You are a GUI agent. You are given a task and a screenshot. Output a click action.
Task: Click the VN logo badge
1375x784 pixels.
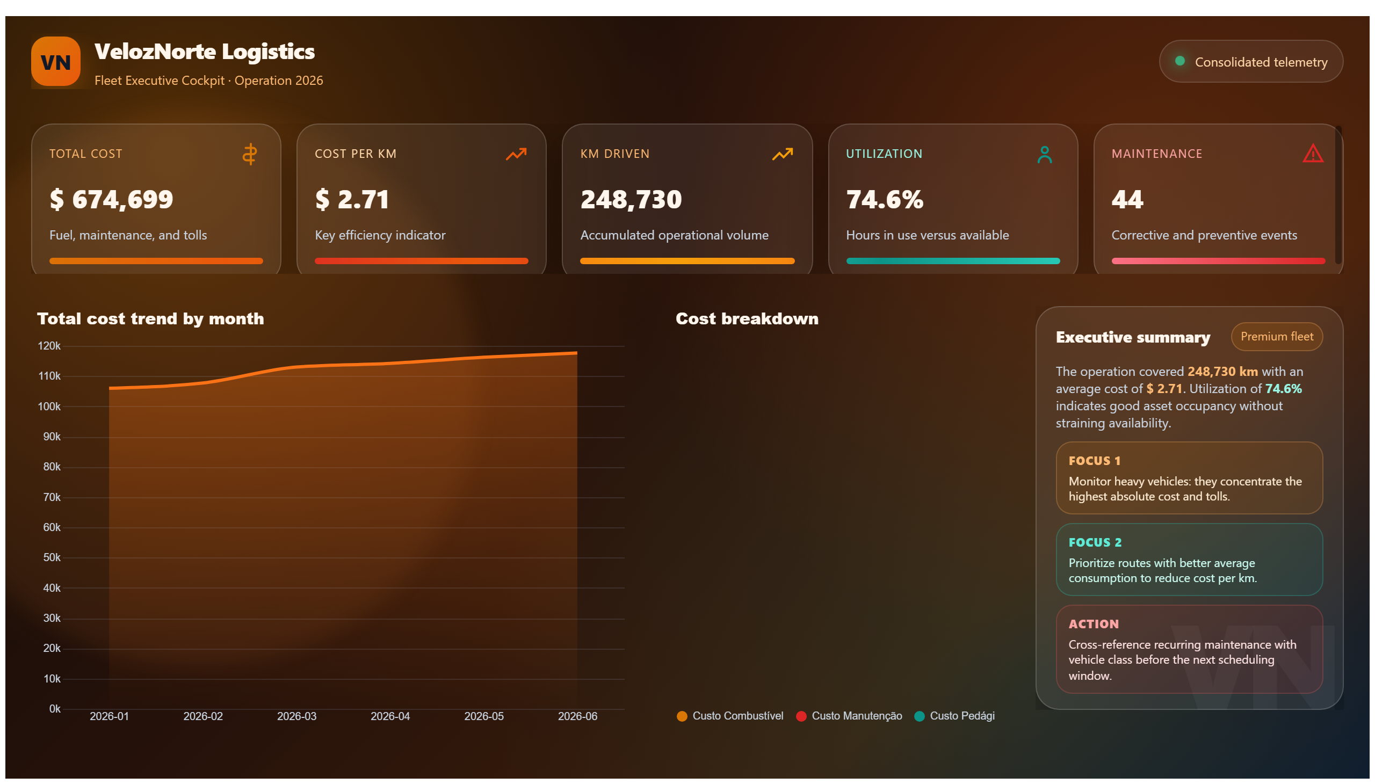(55, 61)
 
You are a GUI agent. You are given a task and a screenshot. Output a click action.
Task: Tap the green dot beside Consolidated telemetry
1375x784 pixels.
(1179, 61)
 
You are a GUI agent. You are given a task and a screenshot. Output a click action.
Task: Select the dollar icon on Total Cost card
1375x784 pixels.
(249, 154)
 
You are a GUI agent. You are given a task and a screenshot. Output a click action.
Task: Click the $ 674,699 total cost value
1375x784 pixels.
(112, 199)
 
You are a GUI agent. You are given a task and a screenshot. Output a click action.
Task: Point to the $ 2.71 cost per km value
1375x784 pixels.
(352, 199)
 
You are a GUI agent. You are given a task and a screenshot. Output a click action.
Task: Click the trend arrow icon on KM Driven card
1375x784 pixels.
(782, 154)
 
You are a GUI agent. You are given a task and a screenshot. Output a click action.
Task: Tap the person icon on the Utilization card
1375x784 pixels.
(1044, 155)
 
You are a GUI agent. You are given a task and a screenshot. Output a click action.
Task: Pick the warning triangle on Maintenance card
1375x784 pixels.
(1313, 154)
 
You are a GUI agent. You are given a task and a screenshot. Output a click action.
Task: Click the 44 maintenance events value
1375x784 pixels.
(1127, 199)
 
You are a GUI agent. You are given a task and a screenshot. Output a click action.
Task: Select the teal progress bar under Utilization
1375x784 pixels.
(953, 261)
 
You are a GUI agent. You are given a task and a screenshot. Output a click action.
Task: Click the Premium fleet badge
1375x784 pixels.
(1276, 337)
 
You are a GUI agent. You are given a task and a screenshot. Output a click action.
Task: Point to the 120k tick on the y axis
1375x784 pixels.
(49, 346)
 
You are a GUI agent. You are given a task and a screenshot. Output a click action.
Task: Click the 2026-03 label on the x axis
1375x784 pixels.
(297, 716)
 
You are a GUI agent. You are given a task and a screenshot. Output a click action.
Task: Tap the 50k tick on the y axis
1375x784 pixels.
(52, 557)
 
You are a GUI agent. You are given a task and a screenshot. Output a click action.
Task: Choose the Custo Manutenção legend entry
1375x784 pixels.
(849, 716)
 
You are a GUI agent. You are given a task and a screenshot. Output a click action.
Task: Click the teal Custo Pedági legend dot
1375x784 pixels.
(920, 716)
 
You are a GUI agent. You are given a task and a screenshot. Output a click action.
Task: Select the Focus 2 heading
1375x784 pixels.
(1095, 542)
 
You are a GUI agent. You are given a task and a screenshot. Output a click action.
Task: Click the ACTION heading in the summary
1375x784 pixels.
(1094, 624)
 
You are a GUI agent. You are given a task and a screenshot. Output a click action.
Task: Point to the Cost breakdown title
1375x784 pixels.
(747, 319)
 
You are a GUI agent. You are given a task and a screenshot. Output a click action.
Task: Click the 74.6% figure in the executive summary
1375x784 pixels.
(1283, 389)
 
